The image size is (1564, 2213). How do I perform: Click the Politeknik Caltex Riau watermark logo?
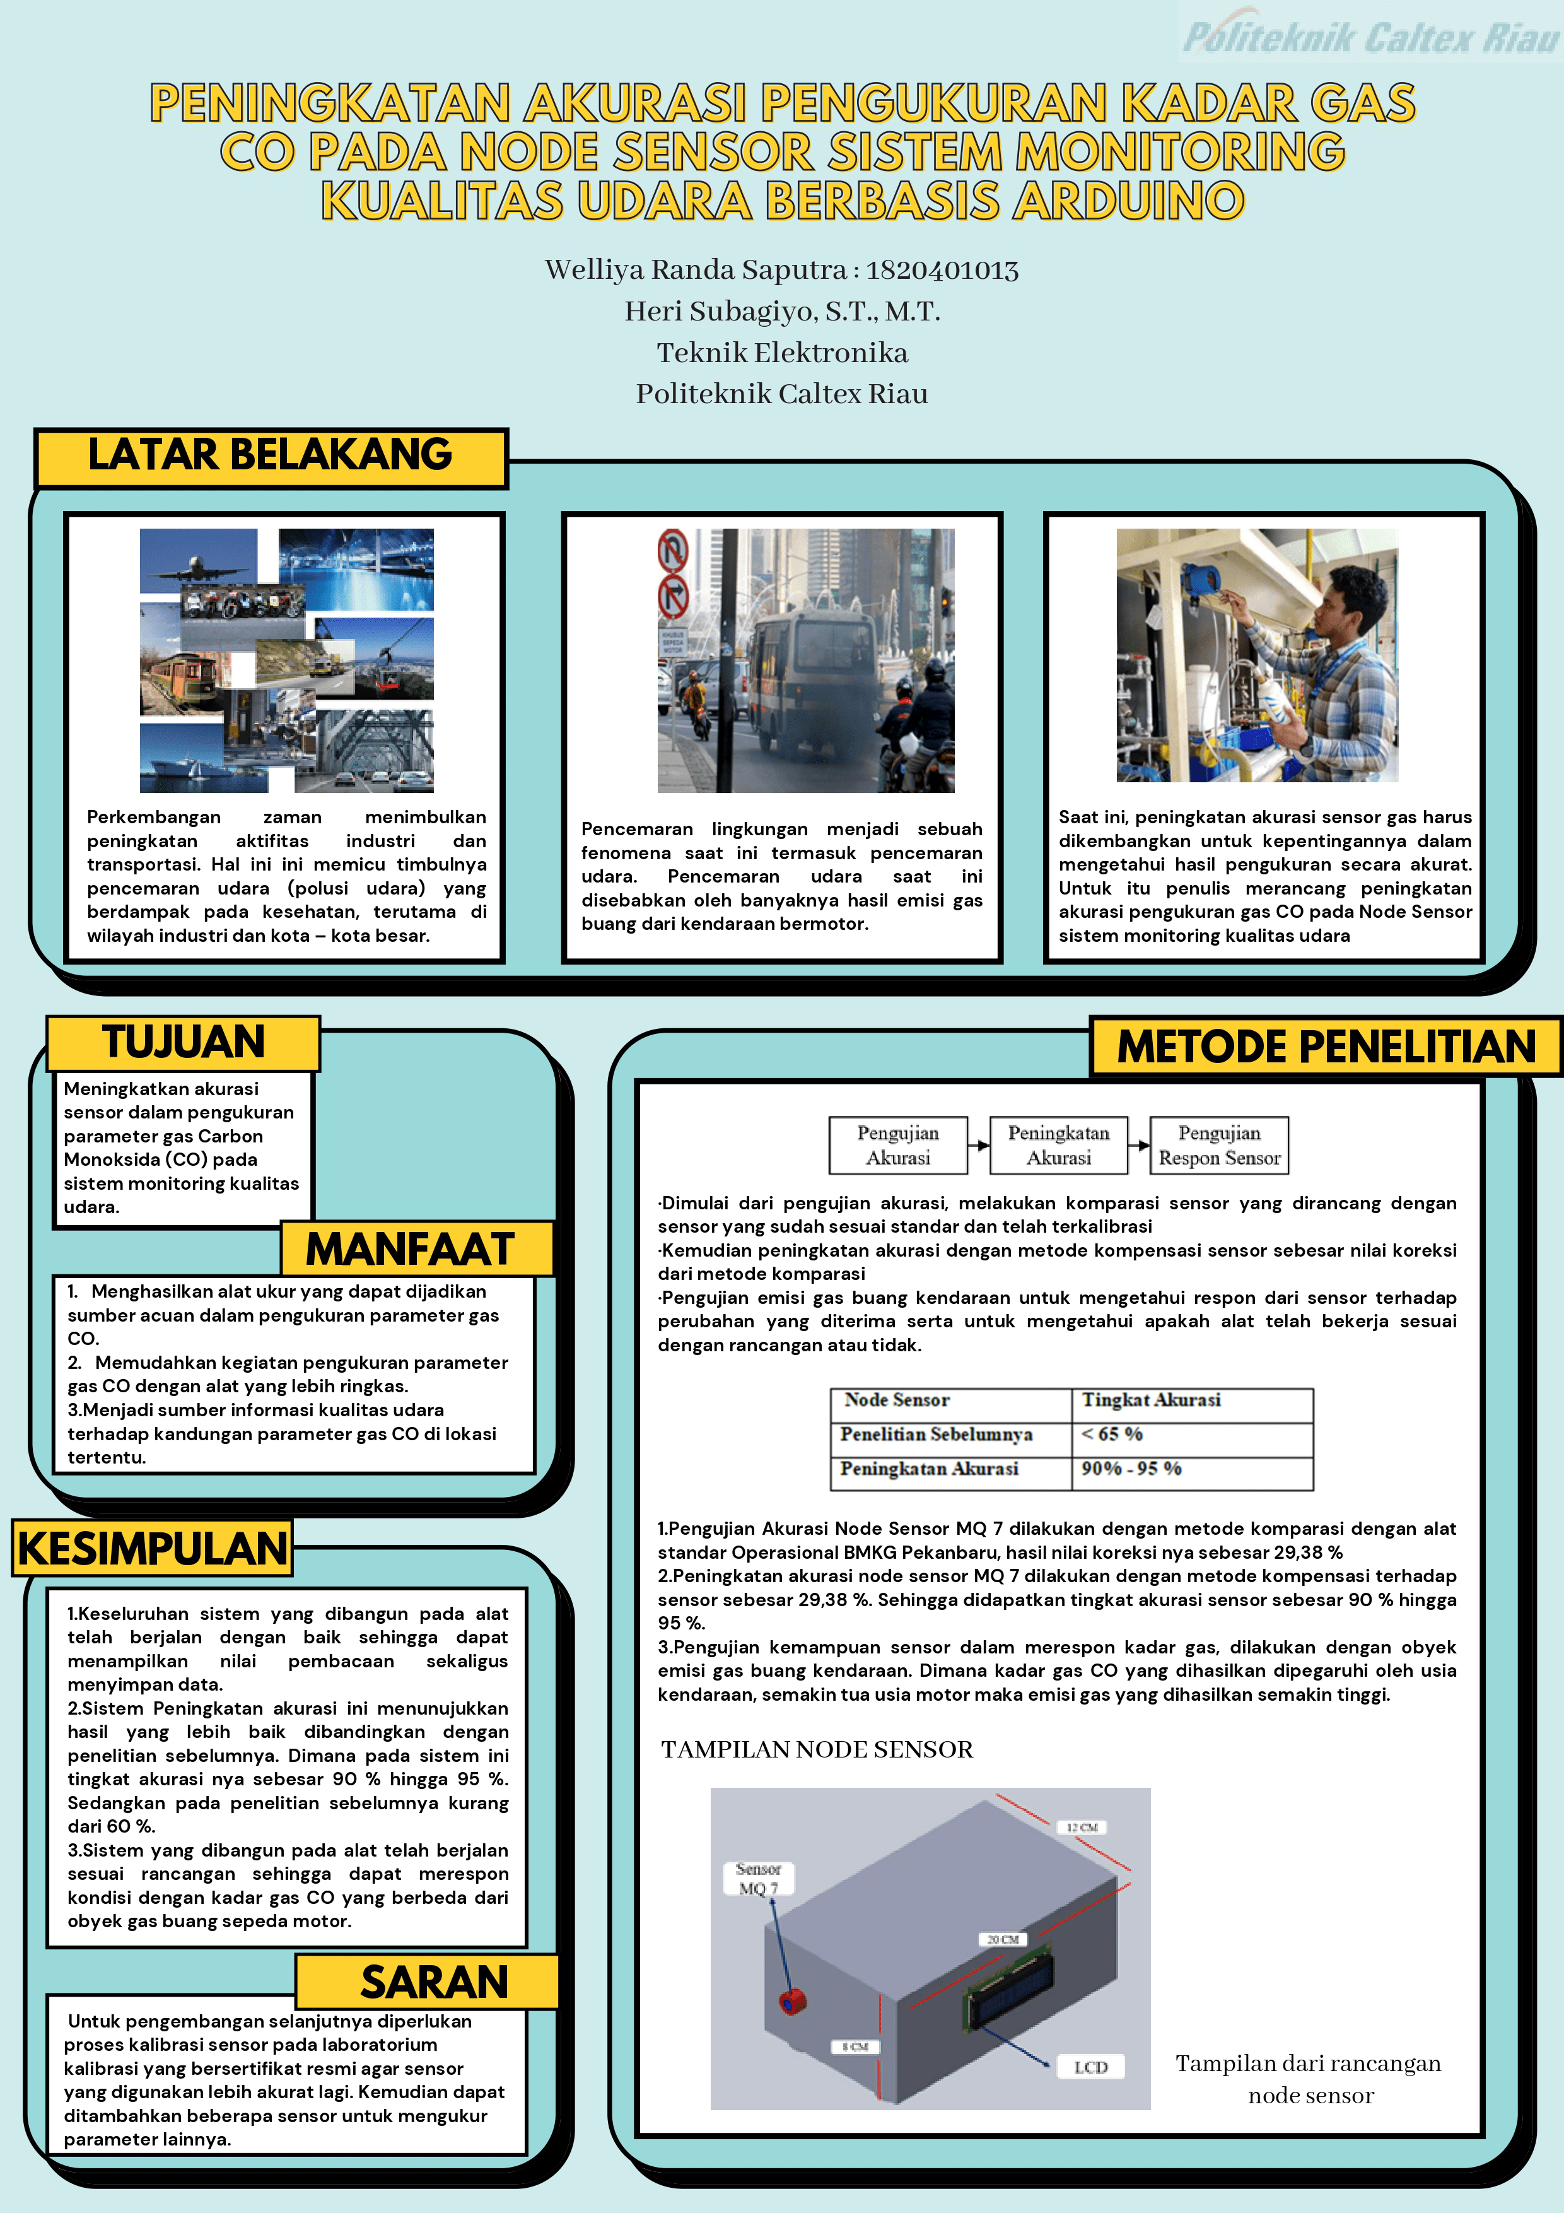[1370, 37]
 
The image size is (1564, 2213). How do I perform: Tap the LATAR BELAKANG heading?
[270, 455]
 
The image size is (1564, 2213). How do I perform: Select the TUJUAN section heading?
[183, 1042]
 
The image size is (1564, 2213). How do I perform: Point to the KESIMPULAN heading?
[152, 1548]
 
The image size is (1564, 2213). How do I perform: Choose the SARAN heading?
[434, 1983]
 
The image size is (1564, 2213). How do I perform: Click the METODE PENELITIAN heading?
[1326, 1047]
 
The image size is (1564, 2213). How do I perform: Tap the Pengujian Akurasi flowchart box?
[898, 1145]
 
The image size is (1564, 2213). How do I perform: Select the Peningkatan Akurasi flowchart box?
[1058, 1145]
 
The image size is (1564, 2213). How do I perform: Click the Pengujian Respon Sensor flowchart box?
[1219, 1145]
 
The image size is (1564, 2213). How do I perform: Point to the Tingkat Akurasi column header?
[1152, 1399]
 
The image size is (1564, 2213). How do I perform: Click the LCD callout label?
[1091, 2067]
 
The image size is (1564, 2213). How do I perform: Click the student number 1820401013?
[942, 270]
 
